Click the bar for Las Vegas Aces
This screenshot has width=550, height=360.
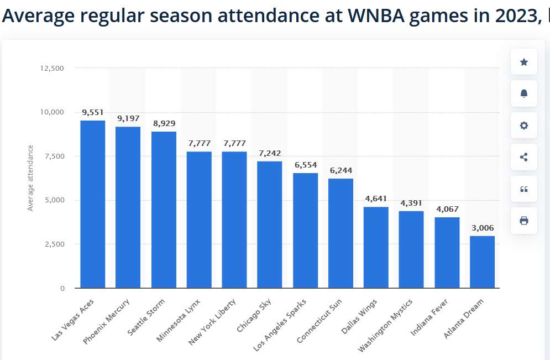(93, 204)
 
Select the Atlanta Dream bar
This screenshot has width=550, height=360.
(483, 262)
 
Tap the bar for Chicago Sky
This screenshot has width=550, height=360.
(269, 225)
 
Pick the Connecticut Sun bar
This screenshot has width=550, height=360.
(341, 233)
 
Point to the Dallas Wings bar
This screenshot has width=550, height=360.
(376, 247)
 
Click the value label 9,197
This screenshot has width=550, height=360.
(128, 118)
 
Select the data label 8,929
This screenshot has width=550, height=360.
(164, 123)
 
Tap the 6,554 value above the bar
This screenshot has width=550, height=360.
(306, 165)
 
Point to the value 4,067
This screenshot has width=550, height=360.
(447, 209)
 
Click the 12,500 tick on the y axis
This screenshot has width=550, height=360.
(52, 69)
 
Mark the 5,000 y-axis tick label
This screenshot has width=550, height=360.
(54, 200)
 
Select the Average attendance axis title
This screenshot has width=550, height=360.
(30, 178)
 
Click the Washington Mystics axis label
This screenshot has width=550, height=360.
(385, 325)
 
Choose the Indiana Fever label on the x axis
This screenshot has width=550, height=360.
(429, 317)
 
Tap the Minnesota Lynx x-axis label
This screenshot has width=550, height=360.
(178, 320)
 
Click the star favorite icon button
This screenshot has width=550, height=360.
(524, 62)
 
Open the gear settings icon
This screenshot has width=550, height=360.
(524, 126)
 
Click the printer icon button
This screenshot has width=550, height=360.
(524, 221)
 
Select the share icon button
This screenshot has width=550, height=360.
(524, 157)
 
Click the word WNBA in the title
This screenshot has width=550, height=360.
(376, 15)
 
